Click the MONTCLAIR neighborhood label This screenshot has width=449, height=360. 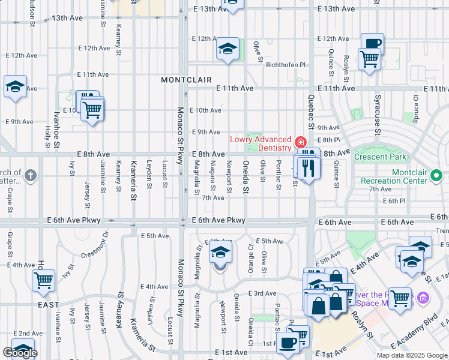[182, 80]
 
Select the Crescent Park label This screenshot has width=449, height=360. [380, 157]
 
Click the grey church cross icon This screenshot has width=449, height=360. [31, 176]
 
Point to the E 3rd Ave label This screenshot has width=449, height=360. [264, 293]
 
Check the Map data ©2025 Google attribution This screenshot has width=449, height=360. [411, 355]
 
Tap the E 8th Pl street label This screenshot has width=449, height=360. [329, 140]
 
